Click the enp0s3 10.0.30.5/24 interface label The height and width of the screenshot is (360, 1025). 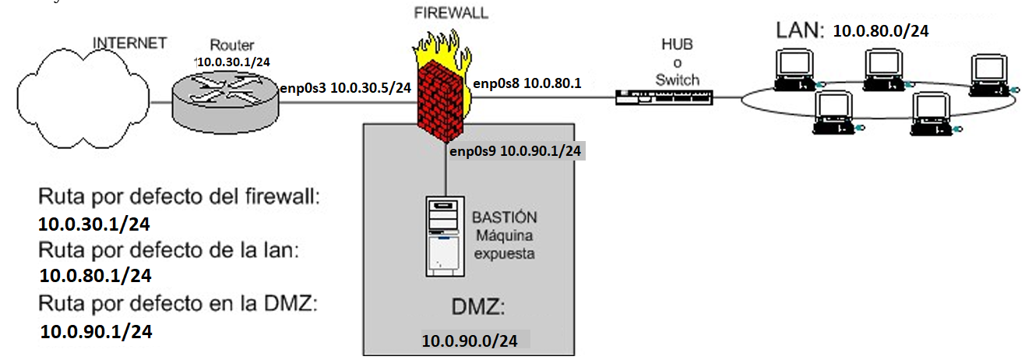click(345, 88)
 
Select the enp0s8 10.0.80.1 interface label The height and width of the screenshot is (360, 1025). click(527, 83)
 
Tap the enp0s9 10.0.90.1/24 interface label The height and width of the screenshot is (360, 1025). click(515, 151)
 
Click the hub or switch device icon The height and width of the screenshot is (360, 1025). click(663, 97)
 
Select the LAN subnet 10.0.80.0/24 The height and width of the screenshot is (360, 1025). click(881, 31)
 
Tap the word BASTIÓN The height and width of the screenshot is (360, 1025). click(505, 217)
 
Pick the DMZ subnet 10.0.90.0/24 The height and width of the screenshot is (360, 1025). click(470, 341)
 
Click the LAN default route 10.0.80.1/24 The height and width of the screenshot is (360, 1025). click(95, 275)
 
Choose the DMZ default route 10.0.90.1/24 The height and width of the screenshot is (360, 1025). click(96, 331)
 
